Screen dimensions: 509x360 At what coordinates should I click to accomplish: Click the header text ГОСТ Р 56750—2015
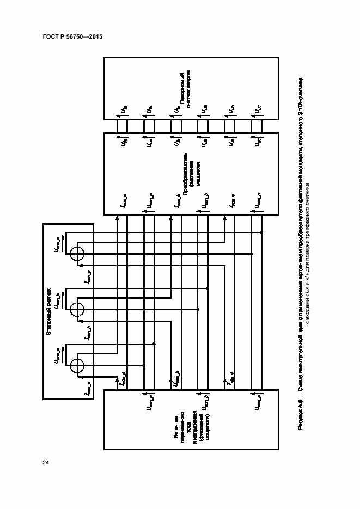pos(72,36)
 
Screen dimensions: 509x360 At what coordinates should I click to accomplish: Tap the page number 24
pos(46,462)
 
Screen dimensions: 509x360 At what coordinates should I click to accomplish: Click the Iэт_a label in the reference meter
pos(87,389)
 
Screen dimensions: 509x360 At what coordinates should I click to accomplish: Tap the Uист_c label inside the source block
pos(256,403)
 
